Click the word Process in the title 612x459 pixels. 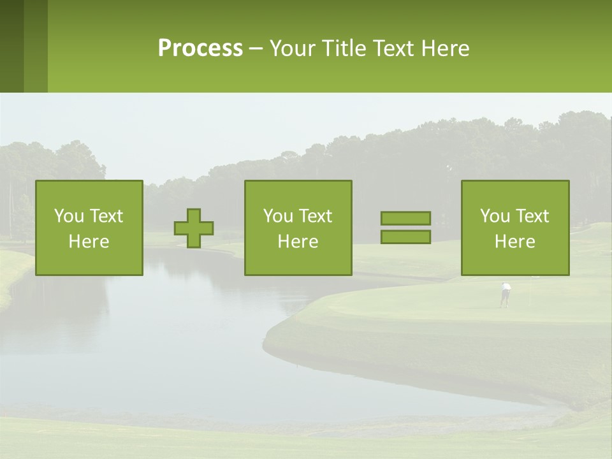(200, 48)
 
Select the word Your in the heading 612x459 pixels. (293, 48)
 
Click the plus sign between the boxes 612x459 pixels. (194, 228)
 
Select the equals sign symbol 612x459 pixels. (405, 228)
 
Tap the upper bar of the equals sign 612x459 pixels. (405, 219)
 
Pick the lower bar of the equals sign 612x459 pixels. (405, 237)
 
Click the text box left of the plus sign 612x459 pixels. (89, 228)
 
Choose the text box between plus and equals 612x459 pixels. (298, 228)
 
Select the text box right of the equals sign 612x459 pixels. (515, 228)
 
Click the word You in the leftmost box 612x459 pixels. (68, 216)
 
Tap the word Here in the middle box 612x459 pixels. (298, 242)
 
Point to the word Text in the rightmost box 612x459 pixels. (532, 216)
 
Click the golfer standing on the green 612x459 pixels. (506, 295)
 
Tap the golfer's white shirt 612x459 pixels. (506, 288)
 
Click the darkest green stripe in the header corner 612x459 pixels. (11, 46)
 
